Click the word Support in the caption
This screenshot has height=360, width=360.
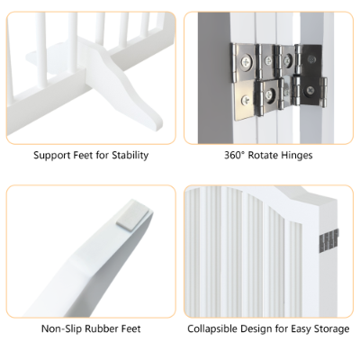[x=52, y=155]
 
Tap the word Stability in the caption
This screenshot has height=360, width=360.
[x=127, y=155]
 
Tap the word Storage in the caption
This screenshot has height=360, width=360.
[x=328, y=329]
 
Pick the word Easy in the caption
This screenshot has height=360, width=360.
[x=300, y=329]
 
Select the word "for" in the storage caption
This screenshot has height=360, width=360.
[x=283, y=329]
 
